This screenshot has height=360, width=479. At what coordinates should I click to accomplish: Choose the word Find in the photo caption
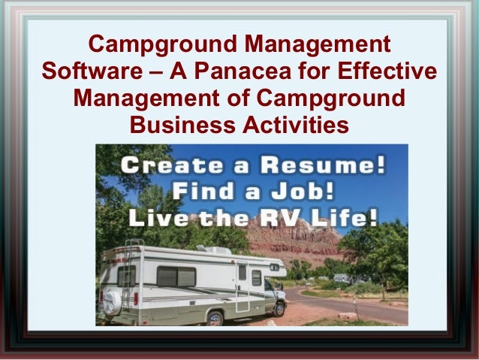tap(197, 192)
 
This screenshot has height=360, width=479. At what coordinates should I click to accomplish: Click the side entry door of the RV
tap(241, 286)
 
